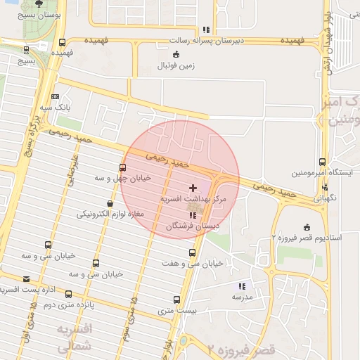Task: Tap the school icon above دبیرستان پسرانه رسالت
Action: pos(205,30)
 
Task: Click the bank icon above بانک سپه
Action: pos(56,97)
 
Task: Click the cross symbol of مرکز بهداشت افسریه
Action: pos(193,188)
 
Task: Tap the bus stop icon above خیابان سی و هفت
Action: pos(193,252)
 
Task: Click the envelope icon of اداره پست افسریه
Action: pos(26,279)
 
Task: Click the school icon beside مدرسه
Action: pos(243,286)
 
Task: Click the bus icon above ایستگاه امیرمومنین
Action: pos(322,162)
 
